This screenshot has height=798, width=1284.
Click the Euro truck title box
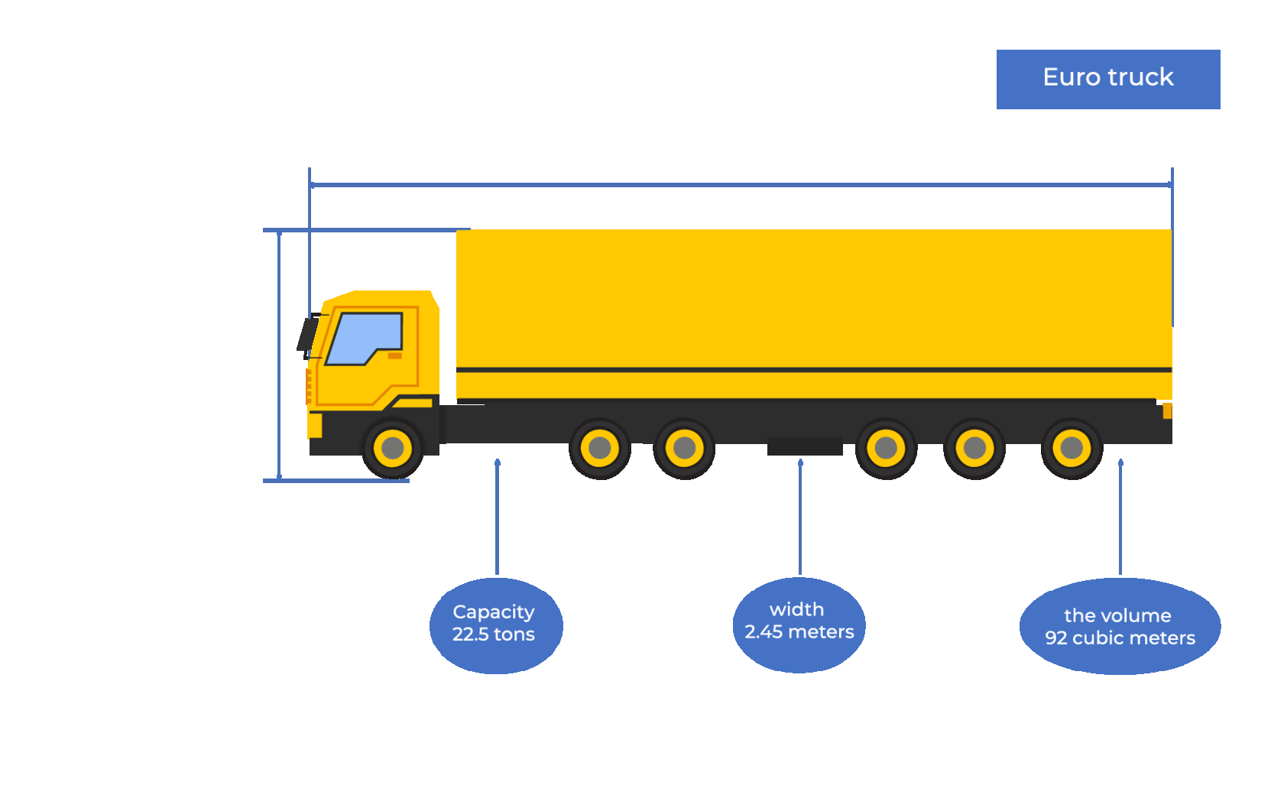pos(1107,79)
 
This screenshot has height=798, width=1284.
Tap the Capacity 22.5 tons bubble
pos(495,625)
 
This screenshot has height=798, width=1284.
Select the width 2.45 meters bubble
pos(799,624)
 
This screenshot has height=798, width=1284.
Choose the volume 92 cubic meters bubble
pos(1120,626)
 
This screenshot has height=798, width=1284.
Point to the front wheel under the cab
pos(393,448)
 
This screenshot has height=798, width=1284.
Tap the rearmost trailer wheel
pos(1072,448)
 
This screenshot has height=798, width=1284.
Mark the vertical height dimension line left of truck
pos(280,355)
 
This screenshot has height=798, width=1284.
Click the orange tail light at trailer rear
pos(1167,411)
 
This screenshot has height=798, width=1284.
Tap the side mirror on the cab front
pos(306,335)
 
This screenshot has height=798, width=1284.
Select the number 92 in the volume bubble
pos(1055,638)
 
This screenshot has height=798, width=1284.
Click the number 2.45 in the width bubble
pos(764,632)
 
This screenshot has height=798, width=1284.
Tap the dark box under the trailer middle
pos(805,446)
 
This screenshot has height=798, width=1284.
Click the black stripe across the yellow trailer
pos(813,370)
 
